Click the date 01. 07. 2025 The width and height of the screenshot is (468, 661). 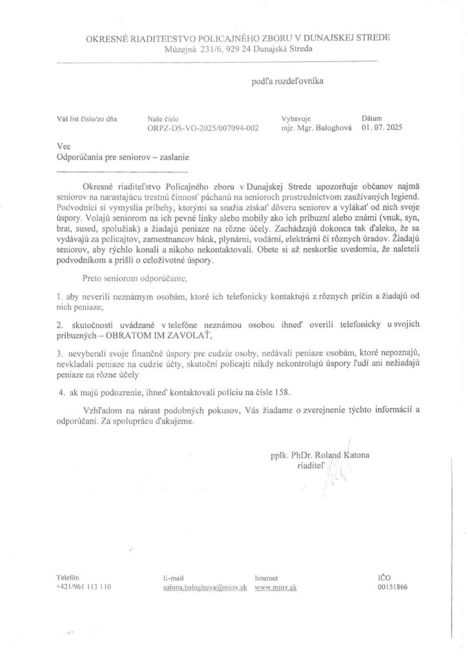(382, 128)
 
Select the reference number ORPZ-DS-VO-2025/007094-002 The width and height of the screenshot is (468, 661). (203, 128)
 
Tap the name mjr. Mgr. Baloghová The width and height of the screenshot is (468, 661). (318, 128)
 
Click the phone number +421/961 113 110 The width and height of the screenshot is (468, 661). (84, 587)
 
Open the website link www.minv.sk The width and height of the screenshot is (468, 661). (276, 587)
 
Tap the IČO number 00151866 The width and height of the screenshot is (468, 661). (392, 587)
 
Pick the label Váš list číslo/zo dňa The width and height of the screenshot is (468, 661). (87, 118)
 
